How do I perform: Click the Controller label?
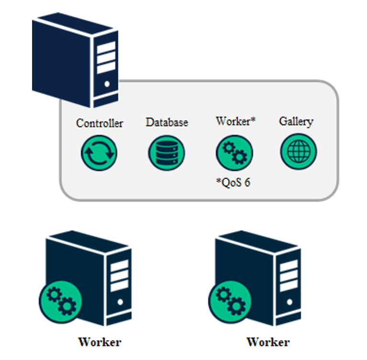tap(100, 123)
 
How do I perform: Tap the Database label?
tap(167, 122)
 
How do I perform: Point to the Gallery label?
tap(296, 121)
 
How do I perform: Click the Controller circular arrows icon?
tap(99, 153)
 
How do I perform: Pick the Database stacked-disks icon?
tap(166, 153)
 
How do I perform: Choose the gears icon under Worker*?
tap(234, 153)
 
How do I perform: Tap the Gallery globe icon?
tap(298, 152)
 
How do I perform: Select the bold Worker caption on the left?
tap(100, 342)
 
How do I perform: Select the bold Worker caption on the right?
tap(268, 342)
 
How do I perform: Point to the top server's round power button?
tap(107, 84)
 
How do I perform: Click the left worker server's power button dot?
tap(120, 303)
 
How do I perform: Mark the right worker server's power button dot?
tap(289, 302)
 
